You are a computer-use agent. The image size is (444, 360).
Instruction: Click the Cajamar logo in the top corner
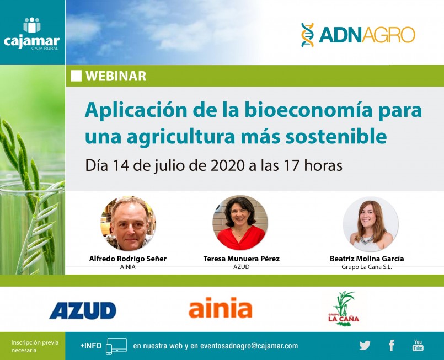(32, 34)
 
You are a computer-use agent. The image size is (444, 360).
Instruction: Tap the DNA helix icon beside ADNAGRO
(308, 35)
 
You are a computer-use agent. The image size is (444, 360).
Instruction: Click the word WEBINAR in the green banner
(116, 76)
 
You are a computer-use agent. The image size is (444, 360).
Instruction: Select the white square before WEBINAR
(76, 76)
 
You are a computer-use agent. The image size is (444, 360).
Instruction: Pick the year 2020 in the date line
(227, 165)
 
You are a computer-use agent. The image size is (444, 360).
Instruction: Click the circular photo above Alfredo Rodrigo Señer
(128, 223)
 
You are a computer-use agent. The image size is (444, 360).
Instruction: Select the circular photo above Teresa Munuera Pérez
(240, 223)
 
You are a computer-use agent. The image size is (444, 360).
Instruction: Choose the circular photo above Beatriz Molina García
(371, 224)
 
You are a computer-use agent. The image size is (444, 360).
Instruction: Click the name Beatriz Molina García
(367, 259)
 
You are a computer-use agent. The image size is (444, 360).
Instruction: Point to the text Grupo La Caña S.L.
(367, 267)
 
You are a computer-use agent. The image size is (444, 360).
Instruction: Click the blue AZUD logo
(83, 310)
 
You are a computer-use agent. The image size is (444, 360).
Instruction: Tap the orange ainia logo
(220, 308)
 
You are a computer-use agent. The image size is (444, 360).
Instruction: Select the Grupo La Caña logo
(344, 309)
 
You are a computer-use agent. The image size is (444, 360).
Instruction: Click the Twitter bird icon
(365, 345)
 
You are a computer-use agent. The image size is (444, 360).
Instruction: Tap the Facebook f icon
(392, 345)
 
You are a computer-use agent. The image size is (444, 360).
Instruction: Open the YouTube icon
(418, 345)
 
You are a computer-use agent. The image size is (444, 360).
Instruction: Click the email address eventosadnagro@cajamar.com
(249, 346)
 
